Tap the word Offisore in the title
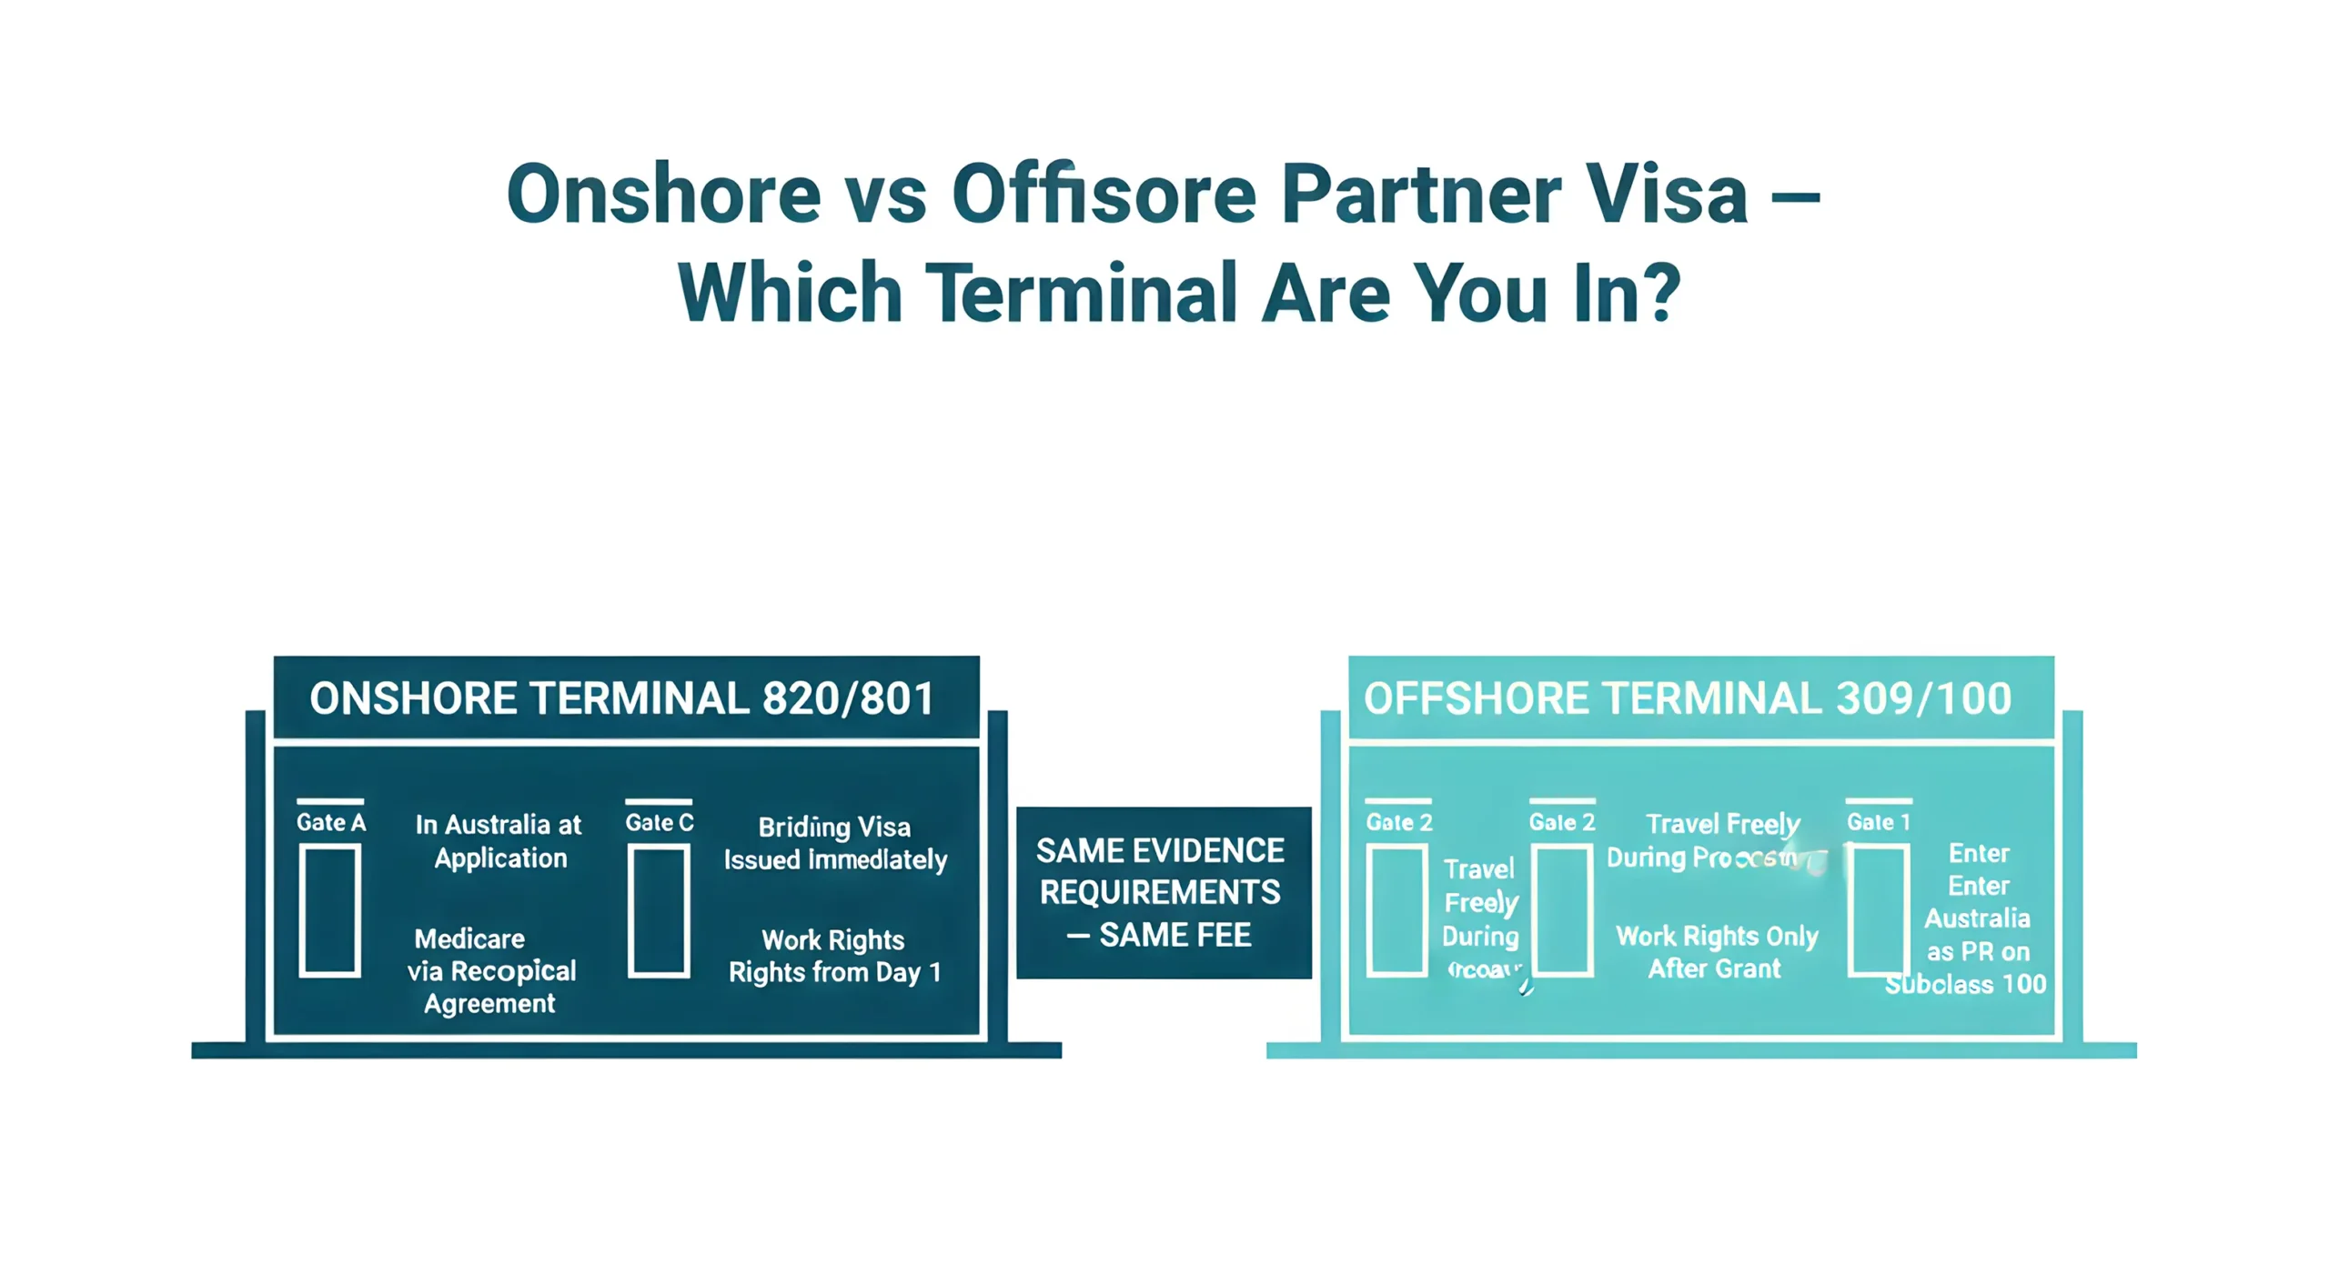(x=1104, y=194)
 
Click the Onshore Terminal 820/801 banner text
(x=622, y=698)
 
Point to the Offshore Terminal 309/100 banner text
(x=1687, y=698)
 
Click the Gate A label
(x=331, y=822)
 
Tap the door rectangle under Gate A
(x=330, y=909)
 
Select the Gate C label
(x=660, y=822)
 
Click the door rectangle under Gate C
(x=659, y=909)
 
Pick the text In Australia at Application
(x=499, y=841)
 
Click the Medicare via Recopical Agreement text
(x=491, y=970)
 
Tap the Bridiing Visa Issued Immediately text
(x=835, y=843)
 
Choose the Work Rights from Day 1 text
(x=834, y=956)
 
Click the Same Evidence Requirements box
(x=1163, y=892)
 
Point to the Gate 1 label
(x=1878, y=822)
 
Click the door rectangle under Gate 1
(x=1878, y=909)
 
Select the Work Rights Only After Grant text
(x=1716, y=952)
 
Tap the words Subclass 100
(x=1965, y=984)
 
